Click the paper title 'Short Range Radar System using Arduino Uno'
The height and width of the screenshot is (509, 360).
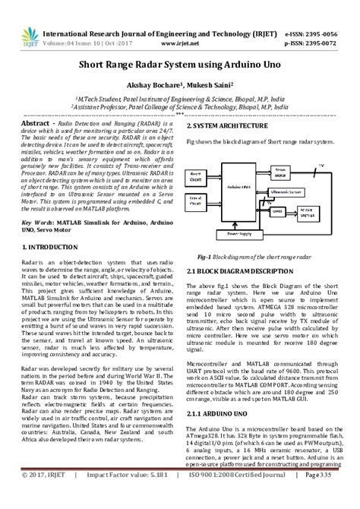click(x=179, y=67)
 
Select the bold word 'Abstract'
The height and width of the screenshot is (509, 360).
click(x=36, y=122)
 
